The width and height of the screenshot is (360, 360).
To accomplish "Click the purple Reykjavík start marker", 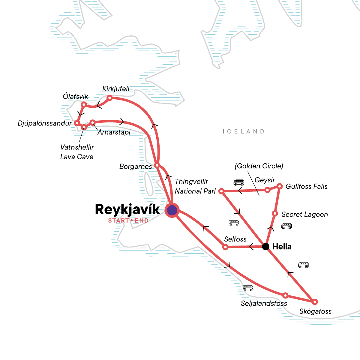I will [x=172, y=210].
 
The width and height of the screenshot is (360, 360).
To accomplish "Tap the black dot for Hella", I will [x=265, y=247].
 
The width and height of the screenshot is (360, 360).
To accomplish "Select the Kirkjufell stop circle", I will [x=110, y=98].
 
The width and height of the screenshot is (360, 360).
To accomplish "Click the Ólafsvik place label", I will [x=76, y=96].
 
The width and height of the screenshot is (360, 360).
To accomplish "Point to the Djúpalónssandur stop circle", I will [x=77, y=123].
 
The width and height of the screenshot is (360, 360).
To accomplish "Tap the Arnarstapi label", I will [x=114, y=132].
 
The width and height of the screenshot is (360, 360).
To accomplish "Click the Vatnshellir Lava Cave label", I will [x=77, y=152].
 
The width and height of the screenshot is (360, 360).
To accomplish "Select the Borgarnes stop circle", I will [x=157, y=166].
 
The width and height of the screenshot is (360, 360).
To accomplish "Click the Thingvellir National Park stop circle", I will [x=221, y=191].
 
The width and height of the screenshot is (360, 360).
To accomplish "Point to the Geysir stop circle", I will [x=267, y=190].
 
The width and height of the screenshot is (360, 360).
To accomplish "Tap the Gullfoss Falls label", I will [x=306, y=186].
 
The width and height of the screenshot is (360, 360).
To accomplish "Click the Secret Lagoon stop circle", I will [x=274, y=214].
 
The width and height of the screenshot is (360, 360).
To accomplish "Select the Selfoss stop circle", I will [x=226, y=247].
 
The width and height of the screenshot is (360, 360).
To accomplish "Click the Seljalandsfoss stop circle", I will [x=285, y=295].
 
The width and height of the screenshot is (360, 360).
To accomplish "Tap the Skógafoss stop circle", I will [x=314, y=301].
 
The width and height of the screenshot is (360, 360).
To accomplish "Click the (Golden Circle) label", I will [x=259, y=166].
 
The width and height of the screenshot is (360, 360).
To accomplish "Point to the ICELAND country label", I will [x=244, y=131].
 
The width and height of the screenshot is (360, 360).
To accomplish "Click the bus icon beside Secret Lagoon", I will [x=286, y=226].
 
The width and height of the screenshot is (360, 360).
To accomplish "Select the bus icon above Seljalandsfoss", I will [x=248, y=288].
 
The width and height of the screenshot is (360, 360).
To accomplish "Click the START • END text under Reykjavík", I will [x=128, y=221].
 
